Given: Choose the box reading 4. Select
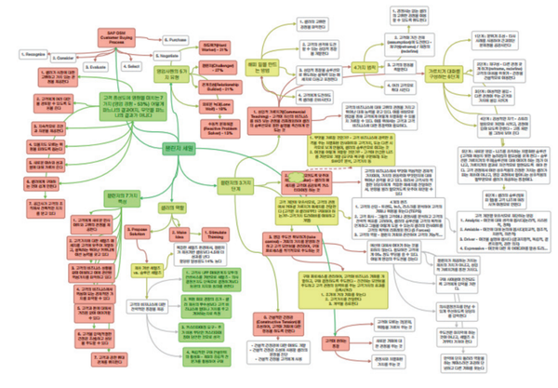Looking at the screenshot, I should [132, 66].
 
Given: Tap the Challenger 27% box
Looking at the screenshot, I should [219, 70].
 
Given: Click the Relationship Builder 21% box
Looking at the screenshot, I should [218, 87].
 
